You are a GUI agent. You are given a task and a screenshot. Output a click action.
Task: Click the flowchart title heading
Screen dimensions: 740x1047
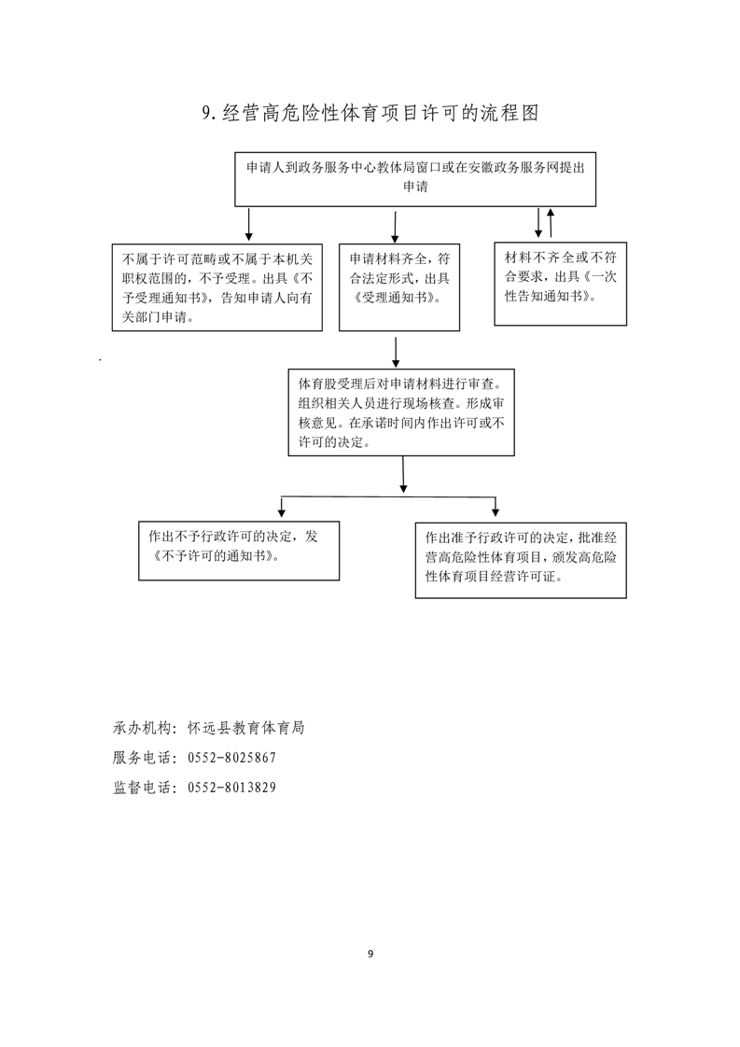(370, 114)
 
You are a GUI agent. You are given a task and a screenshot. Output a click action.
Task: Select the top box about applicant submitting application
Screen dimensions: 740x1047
(414, 179)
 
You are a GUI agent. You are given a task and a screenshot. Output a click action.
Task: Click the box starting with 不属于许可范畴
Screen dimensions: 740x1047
(217, 287)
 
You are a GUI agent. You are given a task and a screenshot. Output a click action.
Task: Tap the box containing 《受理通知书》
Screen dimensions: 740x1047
(399, 287)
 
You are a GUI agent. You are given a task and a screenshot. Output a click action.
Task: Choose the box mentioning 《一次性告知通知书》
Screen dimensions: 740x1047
(560, 284)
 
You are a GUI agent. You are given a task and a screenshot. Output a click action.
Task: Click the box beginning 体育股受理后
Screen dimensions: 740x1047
(401, 412)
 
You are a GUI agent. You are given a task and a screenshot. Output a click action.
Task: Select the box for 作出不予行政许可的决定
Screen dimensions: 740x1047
(239, 551)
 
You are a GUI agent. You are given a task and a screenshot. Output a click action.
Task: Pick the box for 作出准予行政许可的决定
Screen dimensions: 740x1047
(521, 560)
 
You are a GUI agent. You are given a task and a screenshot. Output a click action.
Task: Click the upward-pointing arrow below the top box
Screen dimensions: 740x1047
(551, 222)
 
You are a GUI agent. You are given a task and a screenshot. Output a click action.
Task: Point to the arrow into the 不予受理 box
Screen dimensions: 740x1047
(249, 224)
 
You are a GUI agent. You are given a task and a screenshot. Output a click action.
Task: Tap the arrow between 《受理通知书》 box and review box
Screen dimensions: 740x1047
(396, 353)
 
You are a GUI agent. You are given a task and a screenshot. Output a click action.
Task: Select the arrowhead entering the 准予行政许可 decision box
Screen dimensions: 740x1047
(496, 512)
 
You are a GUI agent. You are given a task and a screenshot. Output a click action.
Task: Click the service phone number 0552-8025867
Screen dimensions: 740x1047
(231, 758)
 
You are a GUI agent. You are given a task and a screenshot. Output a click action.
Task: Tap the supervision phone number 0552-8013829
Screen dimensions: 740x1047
(231, 788)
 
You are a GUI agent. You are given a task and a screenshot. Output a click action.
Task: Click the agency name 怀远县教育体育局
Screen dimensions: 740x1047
(245, 728)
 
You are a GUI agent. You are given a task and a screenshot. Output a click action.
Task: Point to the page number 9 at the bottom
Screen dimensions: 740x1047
(370, 954)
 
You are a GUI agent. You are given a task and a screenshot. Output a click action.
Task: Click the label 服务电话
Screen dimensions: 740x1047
(142, 758)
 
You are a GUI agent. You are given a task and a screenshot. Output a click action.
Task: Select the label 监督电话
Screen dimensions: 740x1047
(142, 788)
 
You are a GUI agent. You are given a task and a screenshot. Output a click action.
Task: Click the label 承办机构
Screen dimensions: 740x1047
(142, 728)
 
